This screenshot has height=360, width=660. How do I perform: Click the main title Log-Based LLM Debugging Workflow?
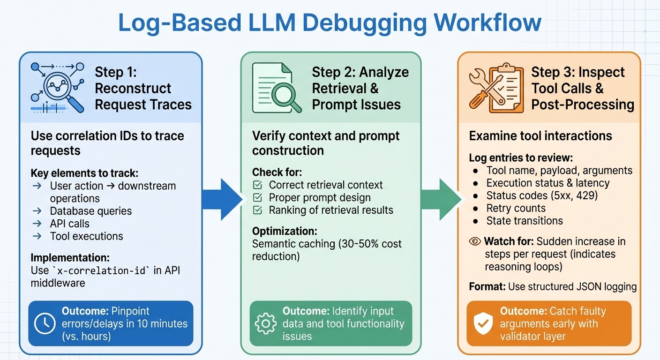[330, 23]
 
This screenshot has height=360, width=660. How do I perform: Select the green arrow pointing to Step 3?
[440, 199]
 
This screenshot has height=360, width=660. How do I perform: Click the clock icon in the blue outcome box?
[45, 323]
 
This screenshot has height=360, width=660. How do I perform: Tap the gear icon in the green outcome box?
[266, 323]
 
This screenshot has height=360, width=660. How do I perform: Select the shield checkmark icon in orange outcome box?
[483, 324]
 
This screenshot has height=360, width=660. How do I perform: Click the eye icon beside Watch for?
[475, 241]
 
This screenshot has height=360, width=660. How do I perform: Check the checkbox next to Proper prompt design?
[257, 198]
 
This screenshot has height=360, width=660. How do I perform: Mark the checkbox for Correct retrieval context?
[257, 185]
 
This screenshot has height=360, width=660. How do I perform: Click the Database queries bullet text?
[91, 211]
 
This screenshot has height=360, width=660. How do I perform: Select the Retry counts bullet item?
[516, 208]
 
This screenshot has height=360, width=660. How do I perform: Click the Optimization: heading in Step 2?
[285, 231]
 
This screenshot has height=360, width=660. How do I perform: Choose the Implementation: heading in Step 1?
[70, 258]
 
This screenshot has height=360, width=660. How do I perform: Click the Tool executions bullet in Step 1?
[86, 236]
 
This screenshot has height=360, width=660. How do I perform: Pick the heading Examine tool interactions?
[540, 136]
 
